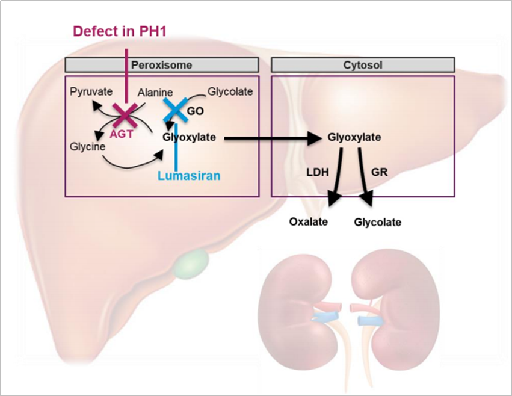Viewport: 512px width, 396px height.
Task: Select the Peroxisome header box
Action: [162, 64]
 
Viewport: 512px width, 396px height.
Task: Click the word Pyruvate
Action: [90, 92]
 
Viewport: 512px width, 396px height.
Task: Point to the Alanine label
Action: [155, 93]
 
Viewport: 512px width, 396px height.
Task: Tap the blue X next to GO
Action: [176, 111]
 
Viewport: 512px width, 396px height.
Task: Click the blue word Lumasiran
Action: [189, 176]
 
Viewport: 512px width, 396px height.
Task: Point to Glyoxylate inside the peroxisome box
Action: [190, 137]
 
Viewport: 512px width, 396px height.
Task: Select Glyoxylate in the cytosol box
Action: [354, 137]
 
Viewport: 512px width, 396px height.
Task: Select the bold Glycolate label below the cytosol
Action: [377, 222]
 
